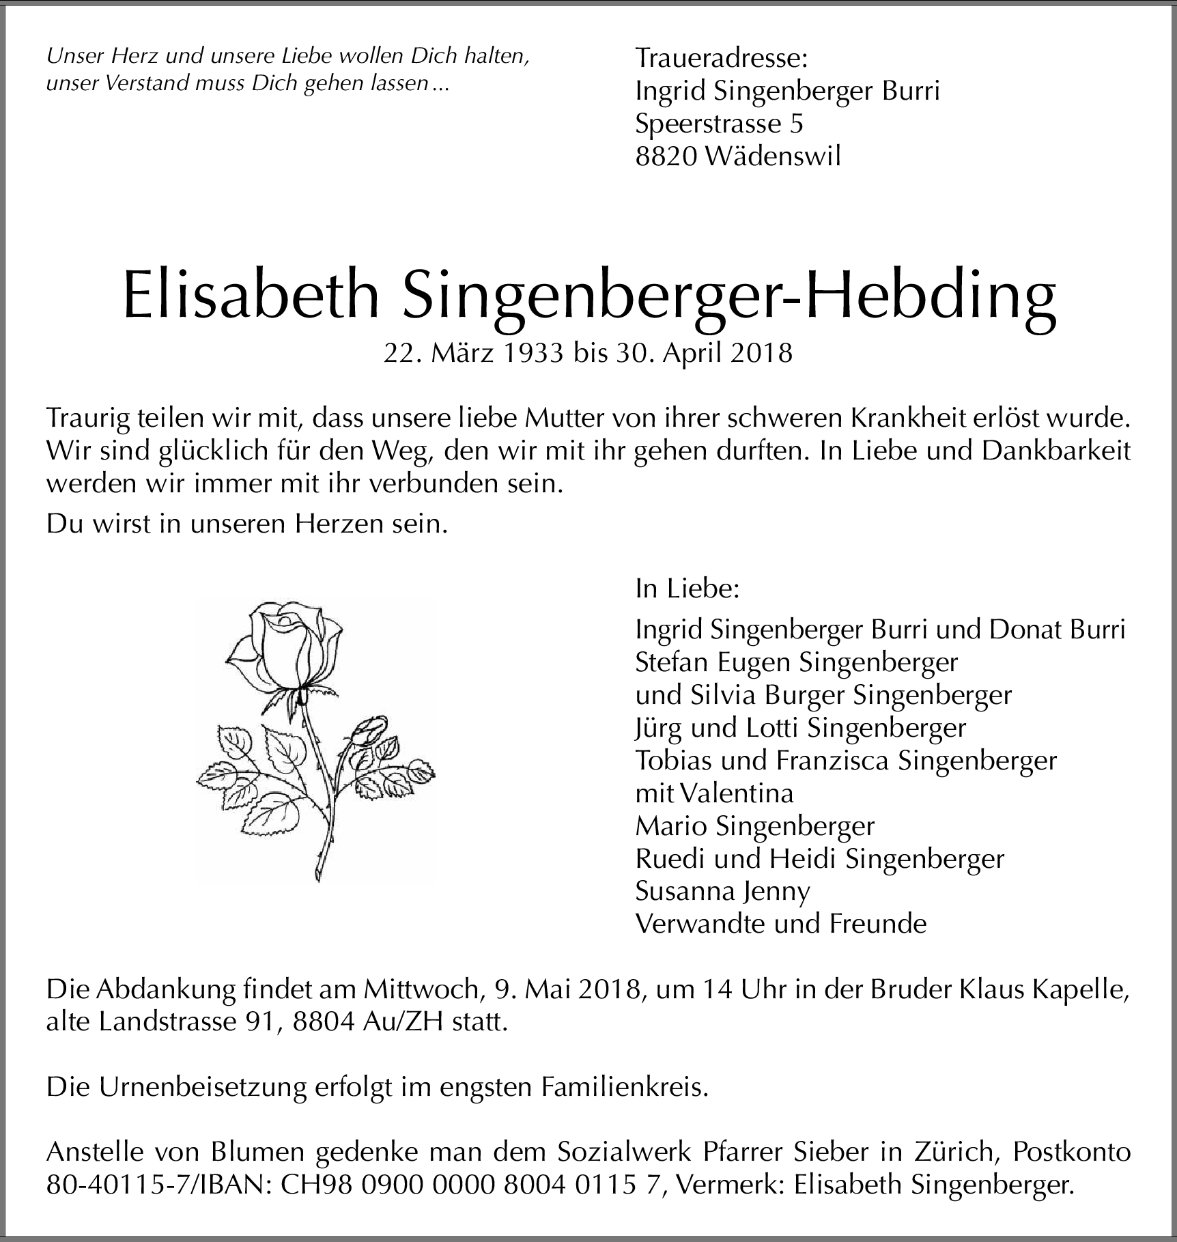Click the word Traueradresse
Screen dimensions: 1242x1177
[721, 58]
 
